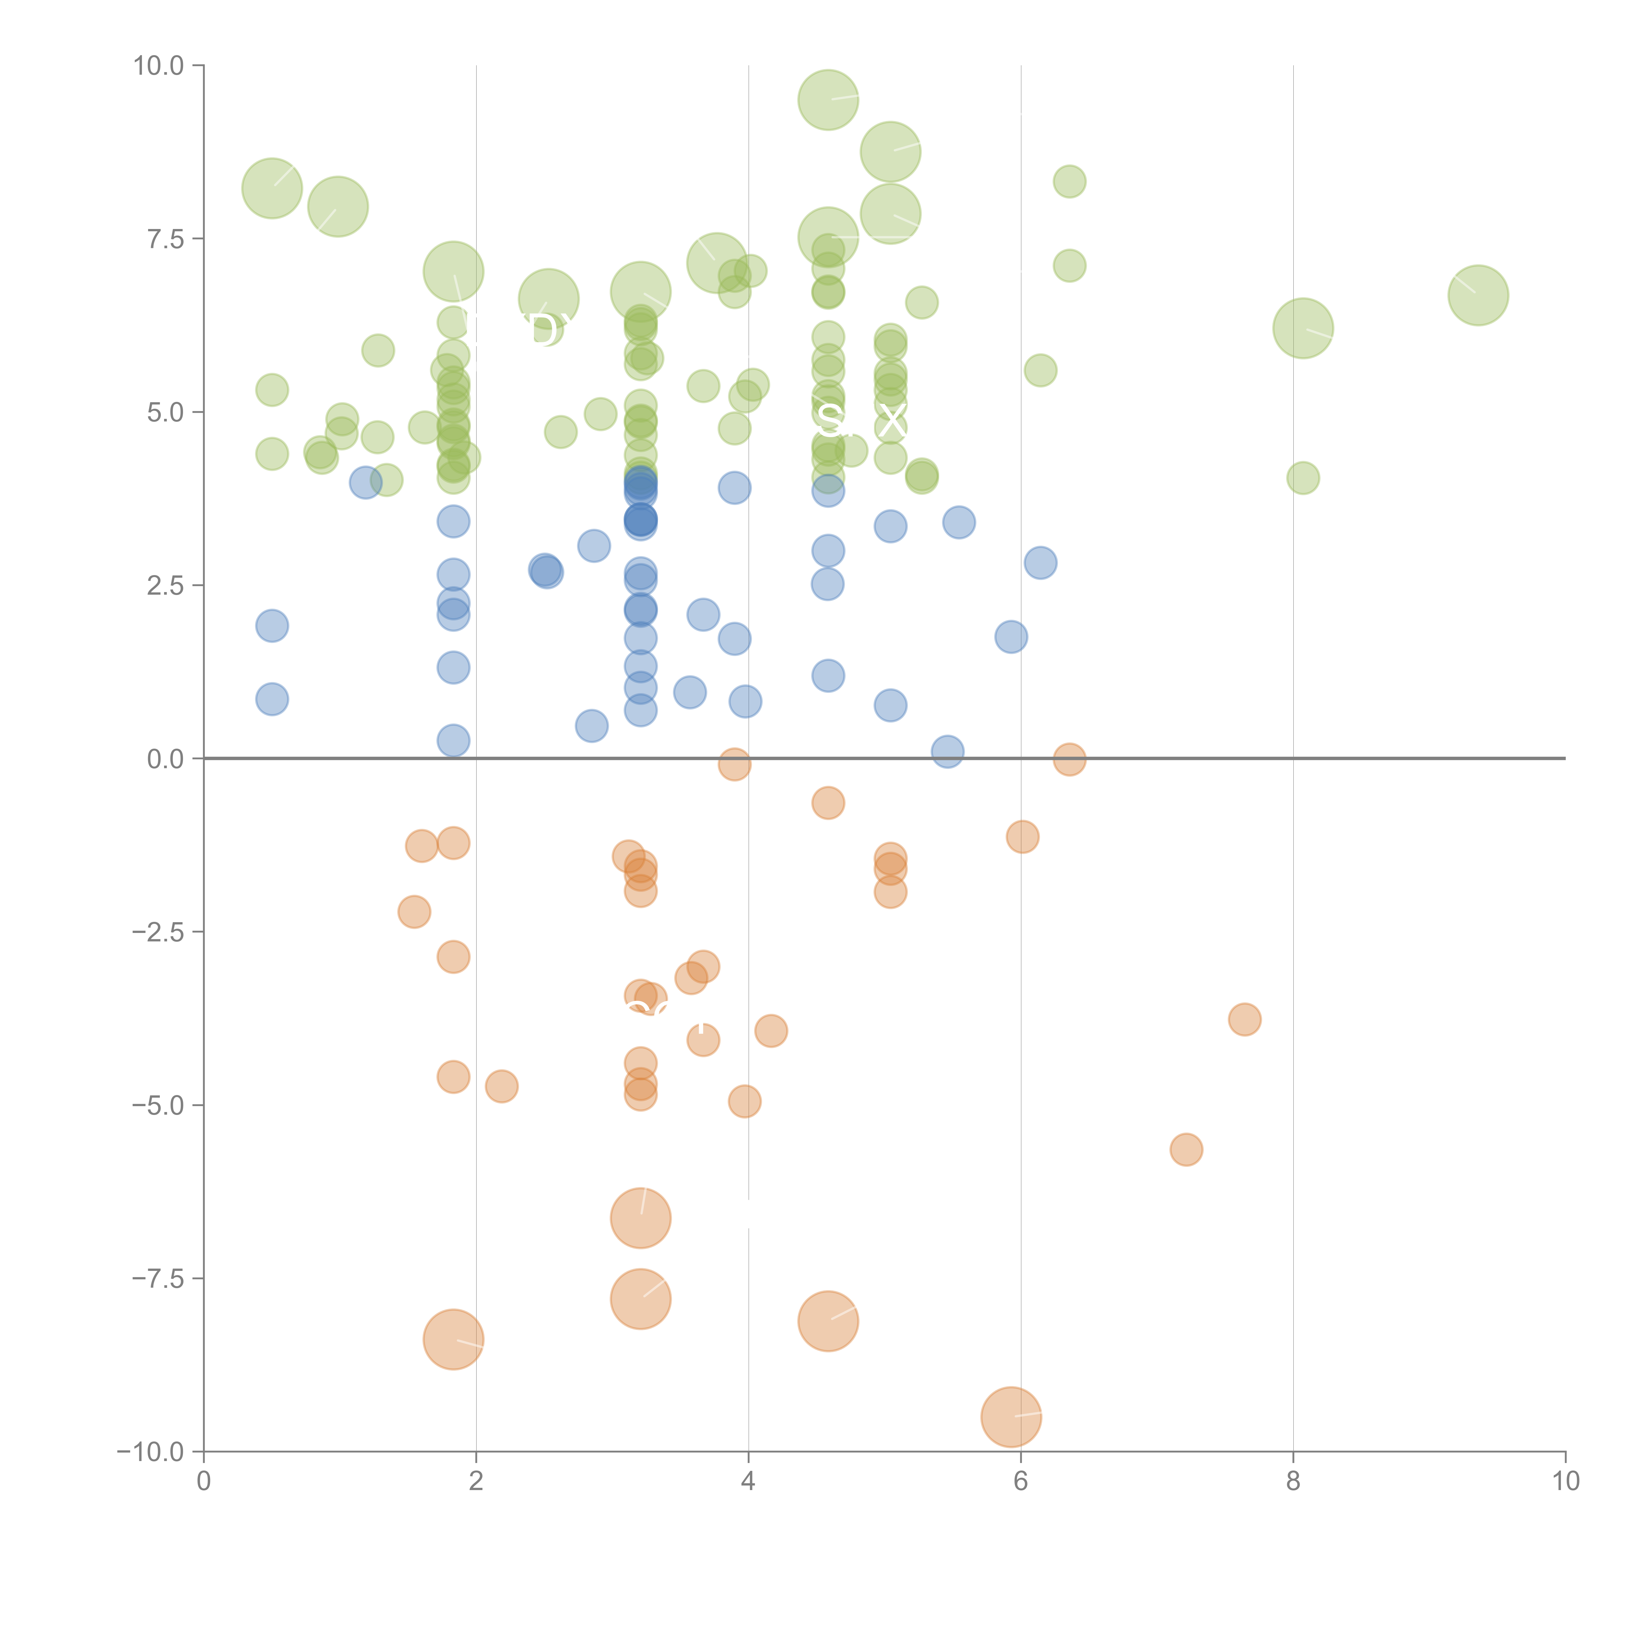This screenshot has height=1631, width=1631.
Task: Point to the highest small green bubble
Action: pos(1070,181)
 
